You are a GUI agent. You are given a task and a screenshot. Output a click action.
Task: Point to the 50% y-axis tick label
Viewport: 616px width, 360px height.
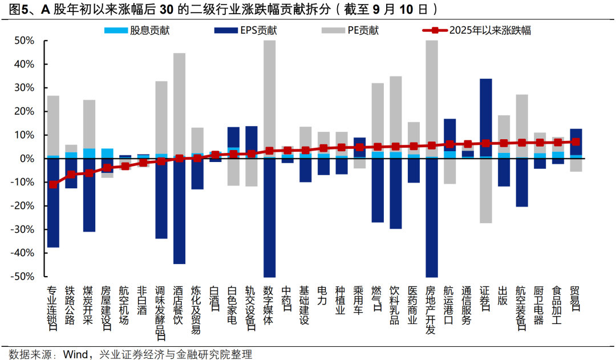click(25, 41)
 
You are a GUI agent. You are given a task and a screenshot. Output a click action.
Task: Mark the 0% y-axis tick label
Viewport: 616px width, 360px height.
click(27, 159)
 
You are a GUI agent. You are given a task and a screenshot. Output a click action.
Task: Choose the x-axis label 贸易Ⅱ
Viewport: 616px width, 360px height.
click(576, 299)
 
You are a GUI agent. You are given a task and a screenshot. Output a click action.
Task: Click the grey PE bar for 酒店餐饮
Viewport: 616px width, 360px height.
click(179, 103)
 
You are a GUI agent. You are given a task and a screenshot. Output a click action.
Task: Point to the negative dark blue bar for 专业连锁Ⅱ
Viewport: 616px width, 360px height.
click(53, 203)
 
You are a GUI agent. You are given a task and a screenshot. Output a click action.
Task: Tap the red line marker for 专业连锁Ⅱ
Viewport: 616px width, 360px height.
click(53, 184)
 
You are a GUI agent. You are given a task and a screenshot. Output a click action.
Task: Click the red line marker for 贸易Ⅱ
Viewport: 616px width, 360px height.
click(576, 141)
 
